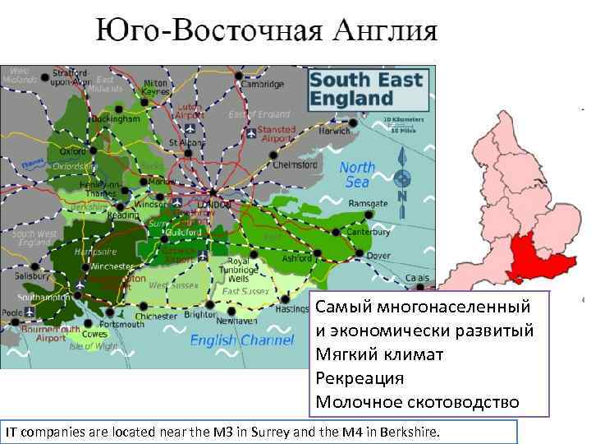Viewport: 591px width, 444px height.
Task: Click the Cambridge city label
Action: tap(263, 84)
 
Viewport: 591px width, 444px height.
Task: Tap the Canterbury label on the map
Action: tap(369, 231)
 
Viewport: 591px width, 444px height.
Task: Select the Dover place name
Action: tap(378, 256)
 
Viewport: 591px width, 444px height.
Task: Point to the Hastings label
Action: tap(291, 310)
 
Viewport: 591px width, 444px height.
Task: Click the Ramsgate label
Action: tap(368, 203)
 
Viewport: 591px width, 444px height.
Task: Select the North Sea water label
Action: tap(357, 175)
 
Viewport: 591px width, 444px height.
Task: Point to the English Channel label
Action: tap(241, 340)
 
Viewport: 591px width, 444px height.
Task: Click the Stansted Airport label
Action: tap(277, 134)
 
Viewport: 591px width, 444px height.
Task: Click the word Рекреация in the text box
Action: tap(360, 378)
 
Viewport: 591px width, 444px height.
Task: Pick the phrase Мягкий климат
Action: tap(379, 354)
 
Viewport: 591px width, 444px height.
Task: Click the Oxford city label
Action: tap(72, 151)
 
